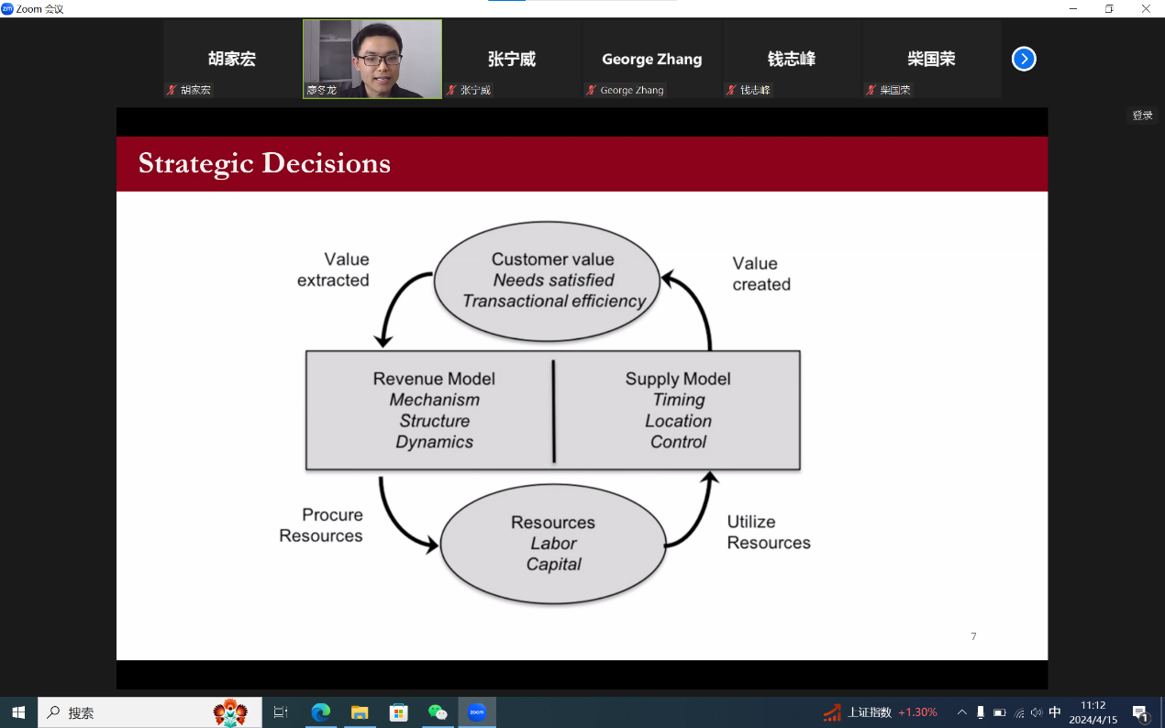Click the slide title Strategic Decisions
tap(264, 163)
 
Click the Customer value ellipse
tap(547, 281)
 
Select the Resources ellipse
tap(553, 544)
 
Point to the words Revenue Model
tap(434, 379)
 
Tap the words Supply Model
tap(678, 379)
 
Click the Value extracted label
tap(333, 270)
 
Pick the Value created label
tap(761, 273)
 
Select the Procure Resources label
tap(321, 525)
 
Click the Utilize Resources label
tap(769, 532)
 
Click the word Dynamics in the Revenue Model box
tap(434, 442)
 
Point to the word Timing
tap(679, 400)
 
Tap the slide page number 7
tap(973, 636)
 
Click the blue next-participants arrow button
tap(1024, 59)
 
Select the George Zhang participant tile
tap(652, 59)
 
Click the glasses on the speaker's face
tap(379, 60)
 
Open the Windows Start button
tap(18, 712)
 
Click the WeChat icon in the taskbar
tap(438, 712)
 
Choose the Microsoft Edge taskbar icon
tap(320, 712)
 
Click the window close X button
tap(1146, 9)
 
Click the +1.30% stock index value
tap(918, 711)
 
